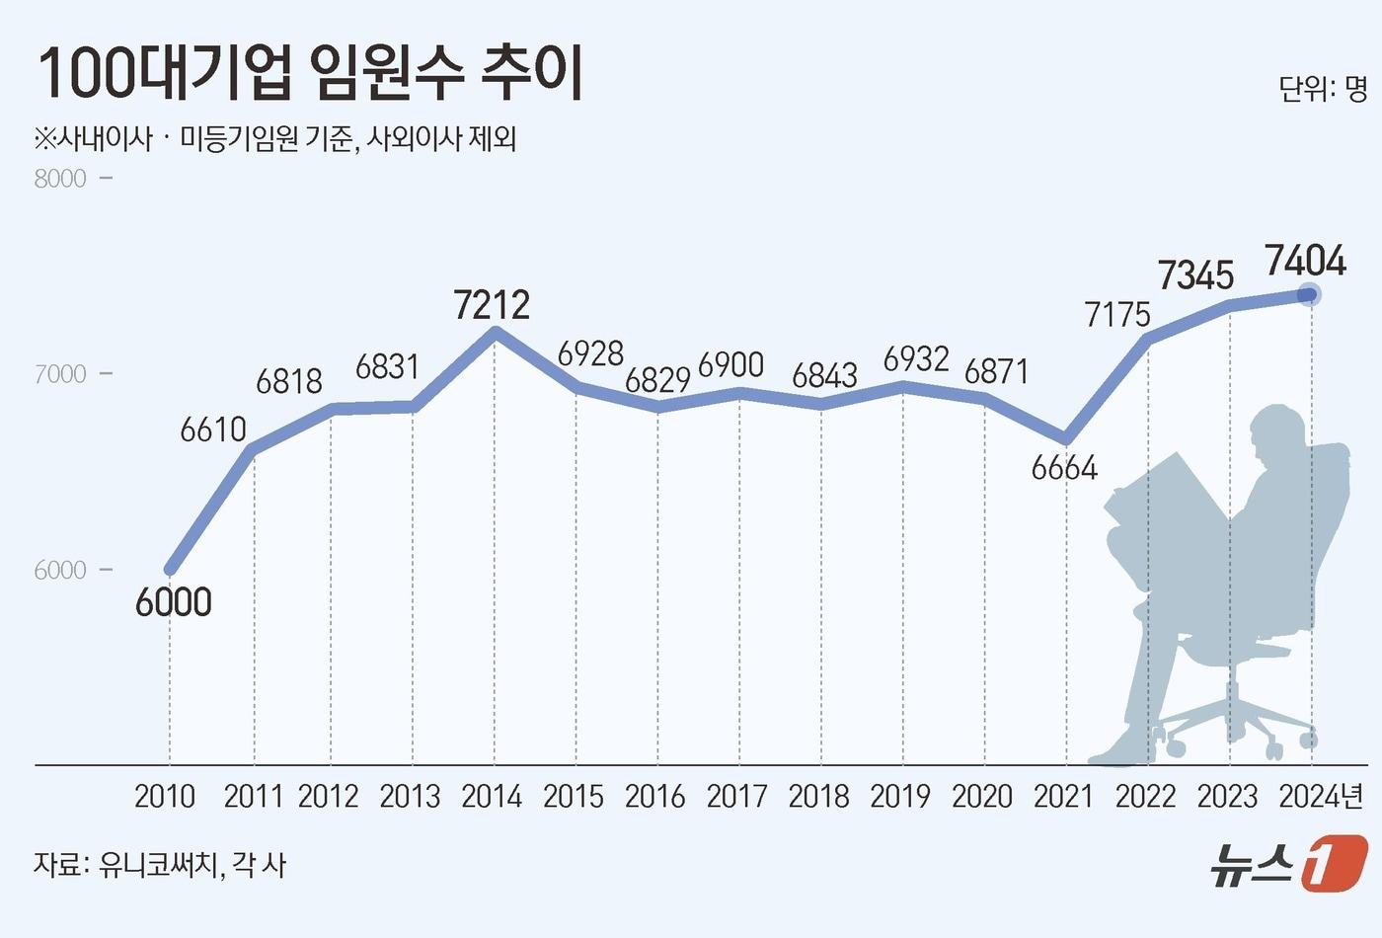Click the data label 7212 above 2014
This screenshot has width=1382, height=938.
[x=492, y=304]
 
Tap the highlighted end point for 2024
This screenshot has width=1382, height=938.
[x=1310, y=294]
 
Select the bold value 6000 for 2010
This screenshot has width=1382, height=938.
[x=174, y=601]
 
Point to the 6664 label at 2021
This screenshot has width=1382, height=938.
[x=1064, y=467]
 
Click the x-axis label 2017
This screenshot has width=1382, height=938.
[x=737, y=796]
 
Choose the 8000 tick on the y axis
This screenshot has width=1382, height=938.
[x=60, y=179]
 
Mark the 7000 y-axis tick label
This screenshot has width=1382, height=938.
[x=60, y=374]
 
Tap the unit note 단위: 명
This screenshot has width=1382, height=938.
[x=1323, y=89]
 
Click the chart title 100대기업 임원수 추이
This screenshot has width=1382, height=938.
[x=311, y=74]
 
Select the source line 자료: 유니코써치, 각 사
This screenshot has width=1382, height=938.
[x=160, y=865]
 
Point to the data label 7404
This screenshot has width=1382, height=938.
[x=1305, y=261]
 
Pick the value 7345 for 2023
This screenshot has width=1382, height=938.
[x=1196, y=274]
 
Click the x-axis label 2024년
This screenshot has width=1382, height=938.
[x=1321, y=796]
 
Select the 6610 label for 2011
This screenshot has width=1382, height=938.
[x=213, y=430]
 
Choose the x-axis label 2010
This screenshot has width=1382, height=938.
[x=165, y=796]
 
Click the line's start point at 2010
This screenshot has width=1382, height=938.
[x=171, y=569]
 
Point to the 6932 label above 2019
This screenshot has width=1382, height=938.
[x=916, y=359]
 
